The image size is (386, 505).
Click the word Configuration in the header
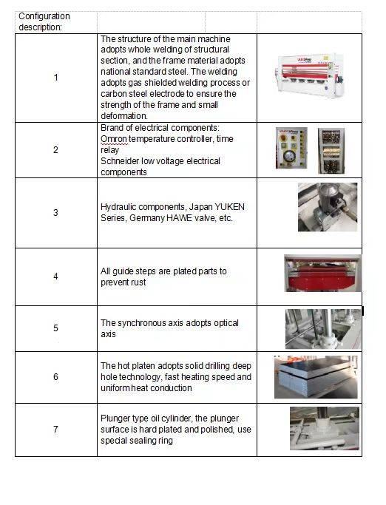pyautogui.click(x=44, y=16)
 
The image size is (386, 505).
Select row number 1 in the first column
pyautogui.click(x=55, y=78)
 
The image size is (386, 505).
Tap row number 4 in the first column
pyautogui.click(x=55, y=277)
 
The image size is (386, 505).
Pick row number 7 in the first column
pyautogui.click(x=55, y=430)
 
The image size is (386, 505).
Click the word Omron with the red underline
pyautogui.click(x=114, y=139)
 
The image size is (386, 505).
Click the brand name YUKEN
pyautogui.click(x=230, y=207)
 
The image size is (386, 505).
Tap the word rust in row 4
pyautogui.click(x=138, y=282)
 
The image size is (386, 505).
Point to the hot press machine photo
pyautogui.click(x=309, y=74)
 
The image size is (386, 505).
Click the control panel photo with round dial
pyautogui.click(x=291, y=148)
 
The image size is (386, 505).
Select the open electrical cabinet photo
pyautogui.click(x=331, y=151)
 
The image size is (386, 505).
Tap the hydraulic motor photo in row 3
pyautogui.click(x=328, y=207)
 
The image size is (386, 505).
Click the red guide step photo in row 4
pyautogui.click(x=323, y=274)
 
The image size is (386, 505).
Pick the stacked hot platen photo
pyautogui.click(x=316, y=377)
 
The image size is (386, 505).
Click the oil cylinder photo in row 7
pyautogui.click(x=325, y=428)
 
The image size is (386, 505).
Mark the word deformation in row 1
pyautogui.click(x=124, y=116)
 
